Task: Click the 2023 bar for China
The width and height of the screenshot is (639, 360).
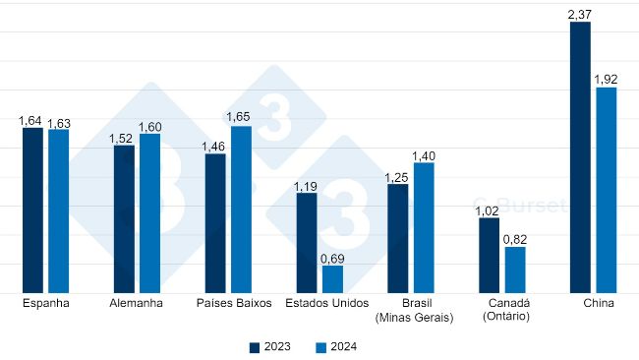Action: click(580, 157)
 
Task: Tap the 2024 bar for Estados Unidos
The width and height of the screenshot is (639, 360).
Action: click(332, 278)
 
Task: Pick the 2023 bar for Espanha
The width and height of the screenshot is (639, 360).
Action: click(33, 210)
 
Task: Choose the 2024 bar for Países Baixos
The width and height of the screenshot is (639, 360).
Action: click(241, 210)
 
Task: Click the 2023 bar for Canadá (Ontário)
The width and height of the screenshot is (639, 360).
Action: click(489, 255)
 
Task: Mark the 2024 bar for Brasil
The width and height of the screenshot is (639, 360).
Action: click(424, 227)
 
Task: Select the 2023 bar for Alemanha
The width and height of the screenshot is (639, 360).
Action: click(124, 218)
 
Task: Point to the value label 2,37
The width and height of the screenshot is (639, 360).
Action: click(580, 13)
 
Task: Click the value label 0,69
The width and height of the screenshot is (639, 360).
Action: click(332, 257)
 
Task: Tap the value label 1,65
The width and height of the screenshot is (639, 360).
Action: click(241, 117)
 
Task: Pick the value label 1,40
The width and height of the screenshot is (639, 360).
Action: click(424, 154)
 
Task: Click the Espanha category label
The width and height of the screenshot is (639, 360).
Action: click(46, 303)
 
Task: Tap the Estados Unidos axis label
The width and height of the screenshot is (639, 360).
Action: click(326, 303)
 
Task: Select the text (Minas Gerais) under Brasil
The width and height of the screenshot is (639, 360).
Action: click(413, 317)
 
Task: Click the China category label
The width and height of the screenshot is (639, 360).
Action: click(598, 303)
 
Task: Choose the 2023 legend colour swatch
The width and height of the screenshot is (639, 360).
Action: click(255, 347)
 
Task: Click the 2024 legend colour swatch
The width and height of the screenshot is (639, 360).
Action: click(320, 347)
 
